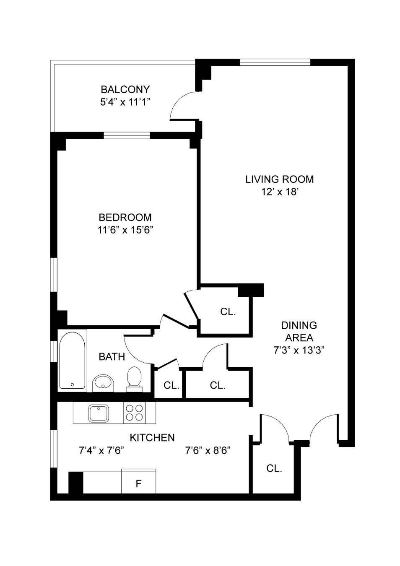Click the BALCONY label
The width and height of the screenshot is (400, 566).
pyautogui.click(x=125, y=89)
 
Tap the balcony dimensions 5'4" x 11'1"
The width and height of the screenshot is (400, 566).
pyautogui.click(x=125, y=102)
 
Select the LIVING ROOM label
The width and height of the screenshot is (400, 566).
pyautogui.click(x=279, y=179)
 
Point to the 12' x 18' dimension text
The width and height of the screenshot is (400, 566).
pyautogui.click(x=279, y=192)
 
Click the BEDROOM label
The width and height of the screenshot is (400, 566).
pyautogui.click(x=125, y=217)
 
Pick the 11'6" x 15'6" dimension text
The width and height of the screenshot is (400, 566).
pyautogui.click(x=125, y=230)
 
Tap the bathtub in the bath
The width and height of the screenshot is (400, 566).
pyautogui.click(x=72, y=360)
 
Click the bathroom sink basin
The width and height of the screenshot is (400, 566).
pyautogui.click(x=103, y=382)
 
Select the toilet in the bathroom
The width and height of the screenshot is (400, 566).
pyautogui.click(x=134, y=377)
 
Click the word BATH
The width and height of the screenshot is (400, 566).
pyautogui.click(x=112, y=357)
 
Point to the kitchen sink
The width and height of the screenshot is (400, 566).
pyautogui.click(x=99, y=413)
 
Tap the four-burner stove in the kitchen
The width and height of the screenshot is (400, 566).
pyautogui.click(x=134, y=413)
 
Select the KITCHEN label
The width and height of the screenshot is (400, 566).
pyautogui.click(x=152, y=438)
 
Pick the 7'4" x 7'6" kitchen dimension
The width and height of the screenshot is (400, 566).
pyautogui.click(x=101, y=451)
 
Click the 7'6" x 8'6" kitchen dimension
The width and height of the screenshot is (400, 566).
pyautogui.click(x=208, y=451)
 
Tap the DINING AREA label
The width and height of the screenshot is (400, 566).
pyautogui.click(x=299, y=331)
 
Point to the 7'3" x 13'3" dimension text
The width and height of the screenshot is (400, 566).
pyautogui.click(x=299, y=350)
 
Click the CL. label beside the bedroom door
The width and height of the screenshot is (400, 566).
pyautogui.click(x=228, y=312)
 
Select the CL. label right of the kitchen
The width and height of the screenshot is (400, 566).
pyautogui.click(x=274, y=468)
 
